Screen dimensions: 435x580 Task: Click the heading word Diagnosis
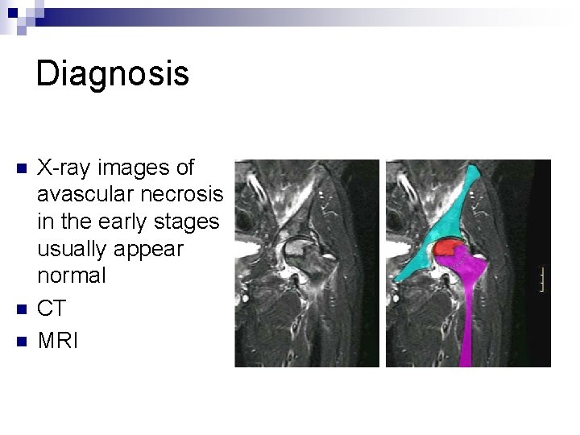(x=113, y=73)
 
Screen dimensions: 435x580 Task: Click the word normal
(x=71, y=275)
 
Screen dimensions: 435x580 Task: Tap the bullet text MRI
(x=58, y=341)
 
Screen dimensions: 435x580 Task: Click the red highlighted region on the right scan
(x=448, y=248)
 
